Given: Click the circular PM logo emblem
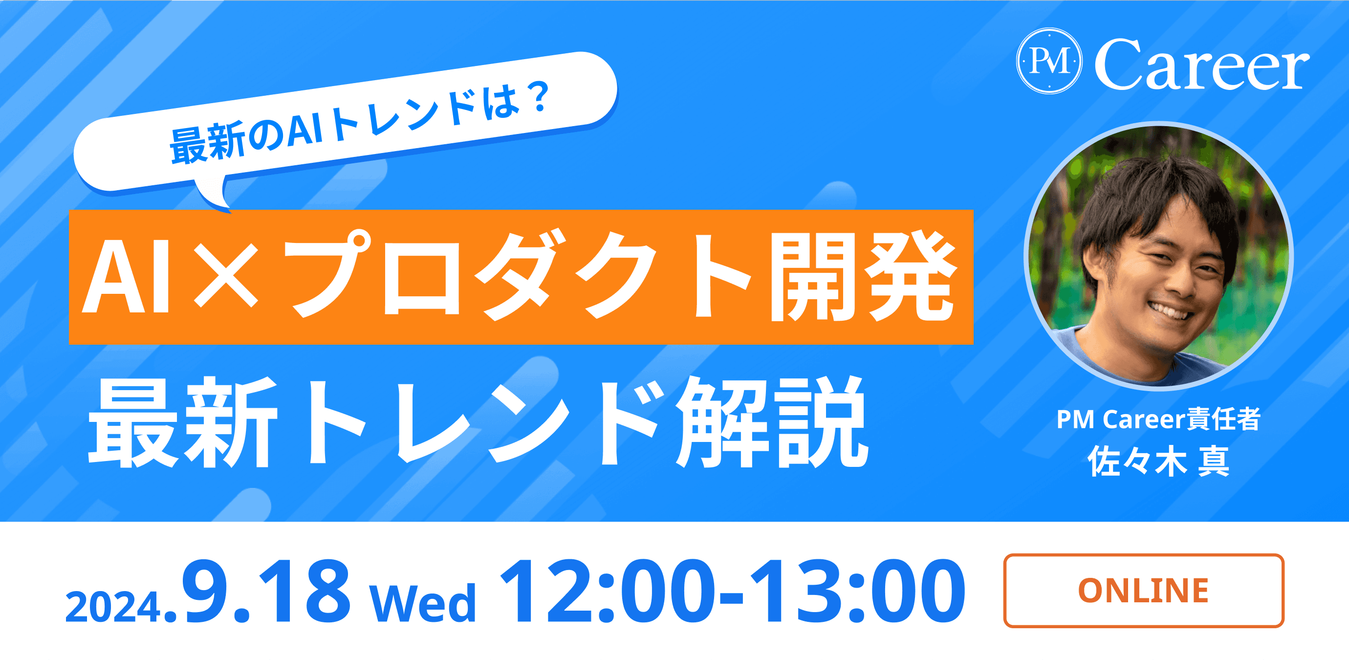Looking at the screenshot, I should [x=1049, y=61].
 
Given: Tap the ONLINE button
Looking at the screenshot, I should [x=1143, y=591].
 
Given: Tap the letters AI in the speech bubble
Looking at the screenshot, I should [x=305, y=131].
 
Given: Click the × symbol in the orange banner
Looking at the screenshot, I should [x=226, y=277].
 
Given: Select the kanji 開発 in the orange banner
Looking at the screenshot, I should [x=861, y=276].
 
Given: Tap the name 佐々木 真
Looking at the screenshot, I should [x=1158, y=462].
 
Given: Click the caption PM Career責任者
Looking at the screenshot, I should [x=1158, y=419].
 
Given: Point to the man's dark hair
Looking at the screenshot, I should [x=1152, y=194].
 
